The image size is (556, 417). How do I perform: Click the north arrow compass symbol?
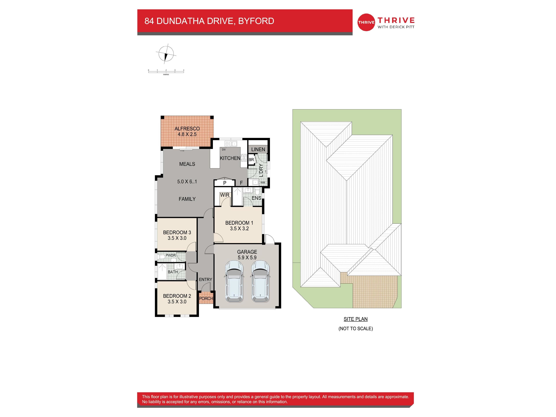(x=166, y=54)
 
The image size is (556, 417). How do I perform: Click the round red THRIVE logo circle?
(x=366, y=22)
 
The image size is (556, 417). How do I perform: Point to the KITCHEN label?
(x=230, y=158)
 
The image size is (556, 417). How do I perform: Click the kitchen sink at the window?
(x=231, y=144)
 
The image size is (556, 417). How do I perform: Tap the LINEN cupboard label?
(x=258, y=149)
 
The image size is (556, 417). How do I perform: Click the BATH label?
(x=173, y=272)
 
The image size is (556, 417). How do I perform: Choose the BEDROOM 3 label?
(x=177, y=233)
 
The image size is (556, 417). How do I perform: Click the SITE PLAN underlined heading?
(x=355, y=319)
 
